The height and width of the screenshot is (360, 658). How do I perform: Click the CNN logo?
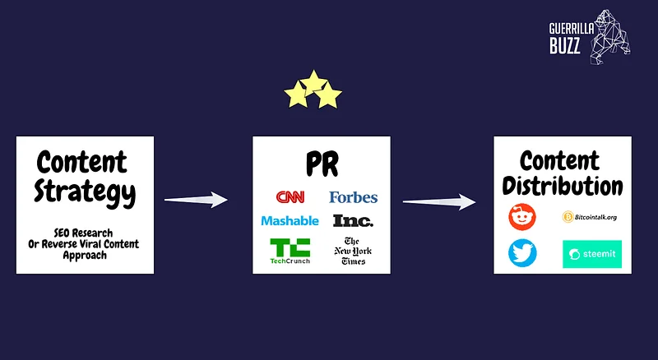click(x=290, y=197)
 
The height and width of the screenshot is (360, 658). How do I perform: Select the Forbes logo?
click(x=353, y=197)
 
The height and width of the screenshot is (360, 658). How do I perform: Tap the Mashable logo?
click(x=290, y=220)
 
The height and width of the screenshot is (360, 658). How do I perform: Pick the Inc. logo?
click(x=353, y=220)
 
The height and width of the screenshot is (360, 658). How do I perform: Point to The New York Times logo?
click(x=354, y=251)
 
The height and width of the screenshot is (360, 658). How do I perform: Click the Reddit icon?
click(x=522, y=218)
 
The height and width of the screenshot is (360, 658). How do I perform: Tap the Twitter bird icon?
click(x=522, y=254)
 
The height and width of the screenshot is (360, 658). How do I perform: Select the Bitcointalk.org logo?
click(x=589, y=217)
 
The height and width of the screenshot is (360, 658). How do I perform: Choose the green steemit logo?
click(x=592, y=254)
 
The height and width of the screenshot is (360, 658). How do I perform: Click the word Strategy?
click(x=85, y=192)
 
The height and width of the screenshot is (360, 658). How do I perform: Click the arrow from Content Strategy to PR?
click(x=196, y=200)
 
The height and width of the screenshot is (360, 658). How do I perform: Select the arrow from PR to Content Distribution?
click(x=440, y=202)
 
